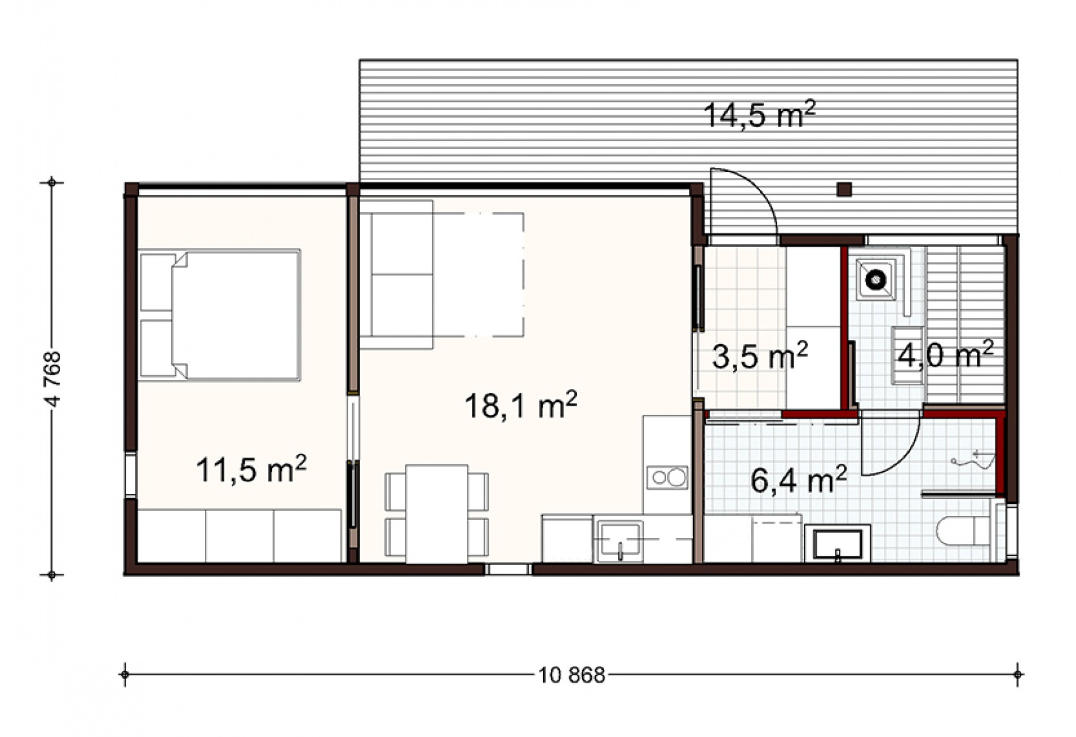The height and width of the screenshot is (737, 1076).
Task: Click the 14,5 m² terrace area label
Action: point(759,113)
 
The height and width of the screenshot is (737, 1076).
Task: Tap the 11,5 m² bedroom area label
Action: point(251,469)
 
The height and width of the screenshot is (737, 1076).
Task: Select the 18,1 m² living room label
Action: point(521,405)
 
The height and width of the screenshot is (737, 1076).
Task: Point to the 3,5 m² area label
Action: point(760,355)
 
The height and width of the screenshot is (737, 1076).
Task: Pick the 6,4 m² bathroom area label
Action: point(798,479)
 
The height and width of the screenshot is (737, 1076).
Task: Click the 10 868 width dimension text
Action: point(572,675)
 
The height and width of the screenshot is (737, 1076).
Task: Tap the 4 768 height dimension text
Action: point(52,379)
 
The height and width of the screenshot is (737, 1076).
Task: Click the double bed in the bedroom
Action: point(220,315)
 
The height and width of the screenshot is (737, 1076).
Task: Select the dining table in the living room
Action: point(437,514)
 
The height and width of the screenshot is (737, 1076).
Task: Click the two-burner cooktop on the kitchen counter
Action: point(668,478)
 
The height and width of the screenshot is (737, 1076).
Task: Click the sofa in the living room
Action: point(396,274)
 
